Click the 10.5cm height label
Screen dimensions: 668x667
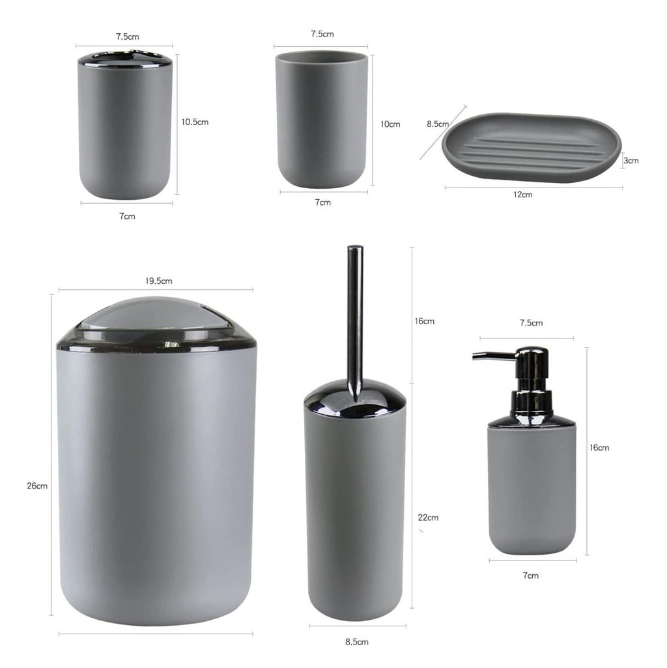(195, 122)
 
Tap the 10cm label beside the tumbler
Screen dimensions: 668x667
(390, 124)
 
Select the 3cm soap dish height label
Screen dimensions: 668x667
(631, 160)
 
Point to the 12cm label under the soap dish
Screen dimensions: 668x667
(522, 195)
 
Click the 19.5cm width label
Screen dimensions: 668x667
(159, 281)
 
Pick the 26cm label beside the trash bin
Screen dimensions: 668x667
(38, 486)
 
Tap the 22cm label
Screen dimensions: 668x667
(428, 518)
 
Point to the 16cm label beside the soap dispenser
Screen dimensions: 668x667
(599, 448)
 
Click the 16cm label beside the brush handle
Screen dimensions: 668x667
(424, 321)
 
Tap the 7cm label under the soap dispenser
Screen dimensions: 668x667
(531, 576)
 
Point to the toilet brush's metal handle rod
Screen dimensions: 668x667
(355, 313)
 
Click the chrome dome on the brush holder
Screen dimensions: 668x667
(355, 397)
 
